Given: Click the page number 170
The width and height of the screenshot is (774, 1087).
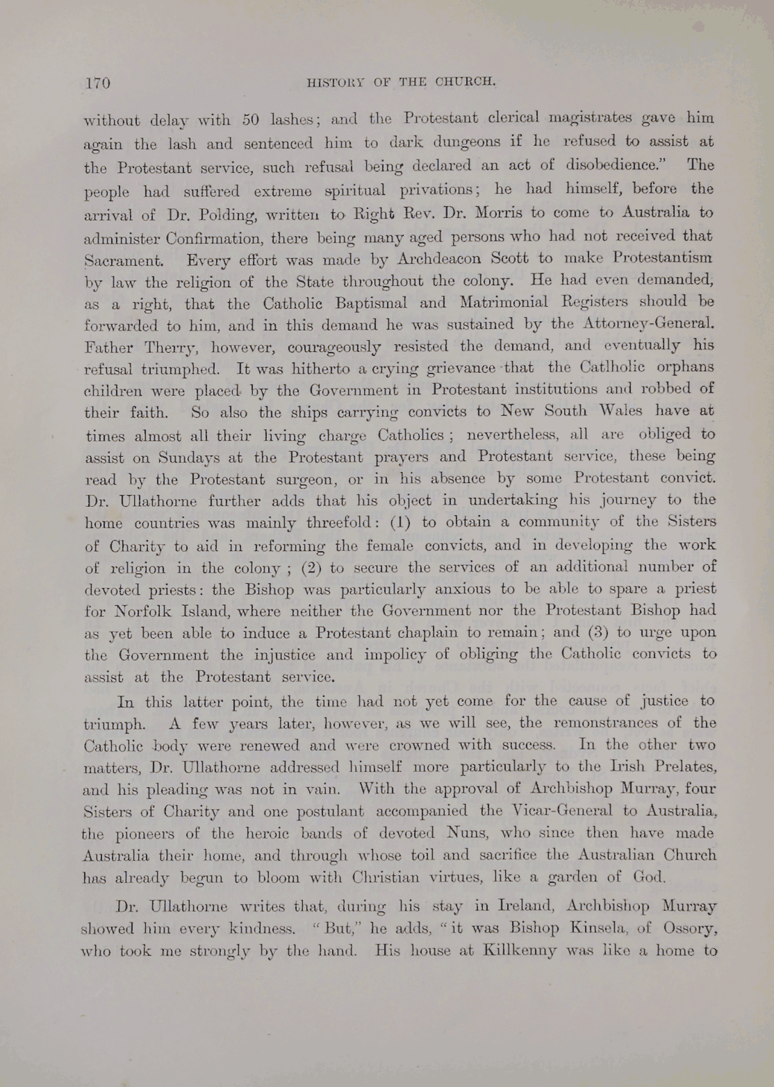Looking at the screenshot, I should tap(97, 83).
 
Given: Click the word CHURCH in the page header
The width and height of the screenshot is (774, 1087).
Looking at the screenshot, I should tap(466, 81).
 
